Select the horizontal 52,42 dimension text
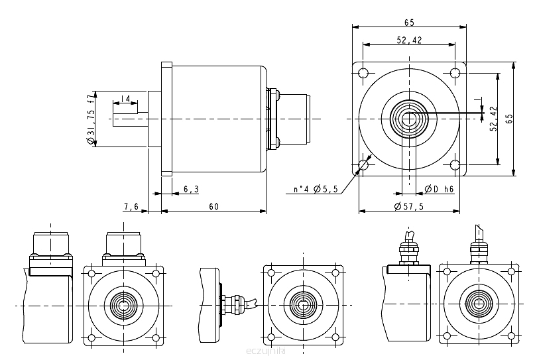410,40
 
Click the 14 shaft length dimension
125,99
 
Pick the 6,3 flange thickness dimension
191,189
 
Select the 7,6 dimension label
131,207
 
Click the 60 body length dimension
213,207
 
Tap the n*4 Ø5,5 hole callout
316,190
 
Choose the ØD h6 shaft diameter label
439,189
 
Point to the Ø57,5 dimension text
408,207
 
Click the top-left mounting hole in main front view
363,72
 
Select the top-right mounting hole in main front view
455,72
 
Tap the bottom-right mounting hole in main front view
455,164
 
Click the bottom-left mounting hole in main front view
363,164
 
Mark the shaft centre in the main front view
409,119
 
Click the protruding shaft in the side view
129,119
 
